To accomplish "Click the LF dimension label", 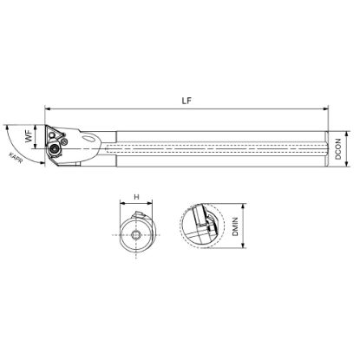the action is pyautogui.click(x=187, y=101).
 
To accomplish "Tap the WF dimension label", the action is pyautogui.click(x=29, y=136).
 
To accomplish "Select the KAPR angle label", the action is pyautogui.click(x=16, y=158).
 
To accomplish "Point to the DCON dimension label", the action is pyautogui.click(x=338, y=149).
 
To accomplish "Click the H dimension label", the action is pyautogui.click(x=136, y=197).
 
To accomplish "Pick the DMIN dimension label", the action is pyautogui.click(x=235, y=226).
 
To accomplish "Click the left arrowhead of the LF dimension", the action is pyautogui.click(x=48, y=109).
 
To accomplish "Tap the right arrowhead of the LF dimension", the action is pyautogui.click(x=326, y=109).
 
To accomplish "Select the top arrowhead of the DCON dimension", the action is pyautogui.click(x=347, y=134).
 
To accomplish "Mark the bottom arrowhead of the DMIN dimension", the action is pyautogui.click(x=244, y=245).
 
